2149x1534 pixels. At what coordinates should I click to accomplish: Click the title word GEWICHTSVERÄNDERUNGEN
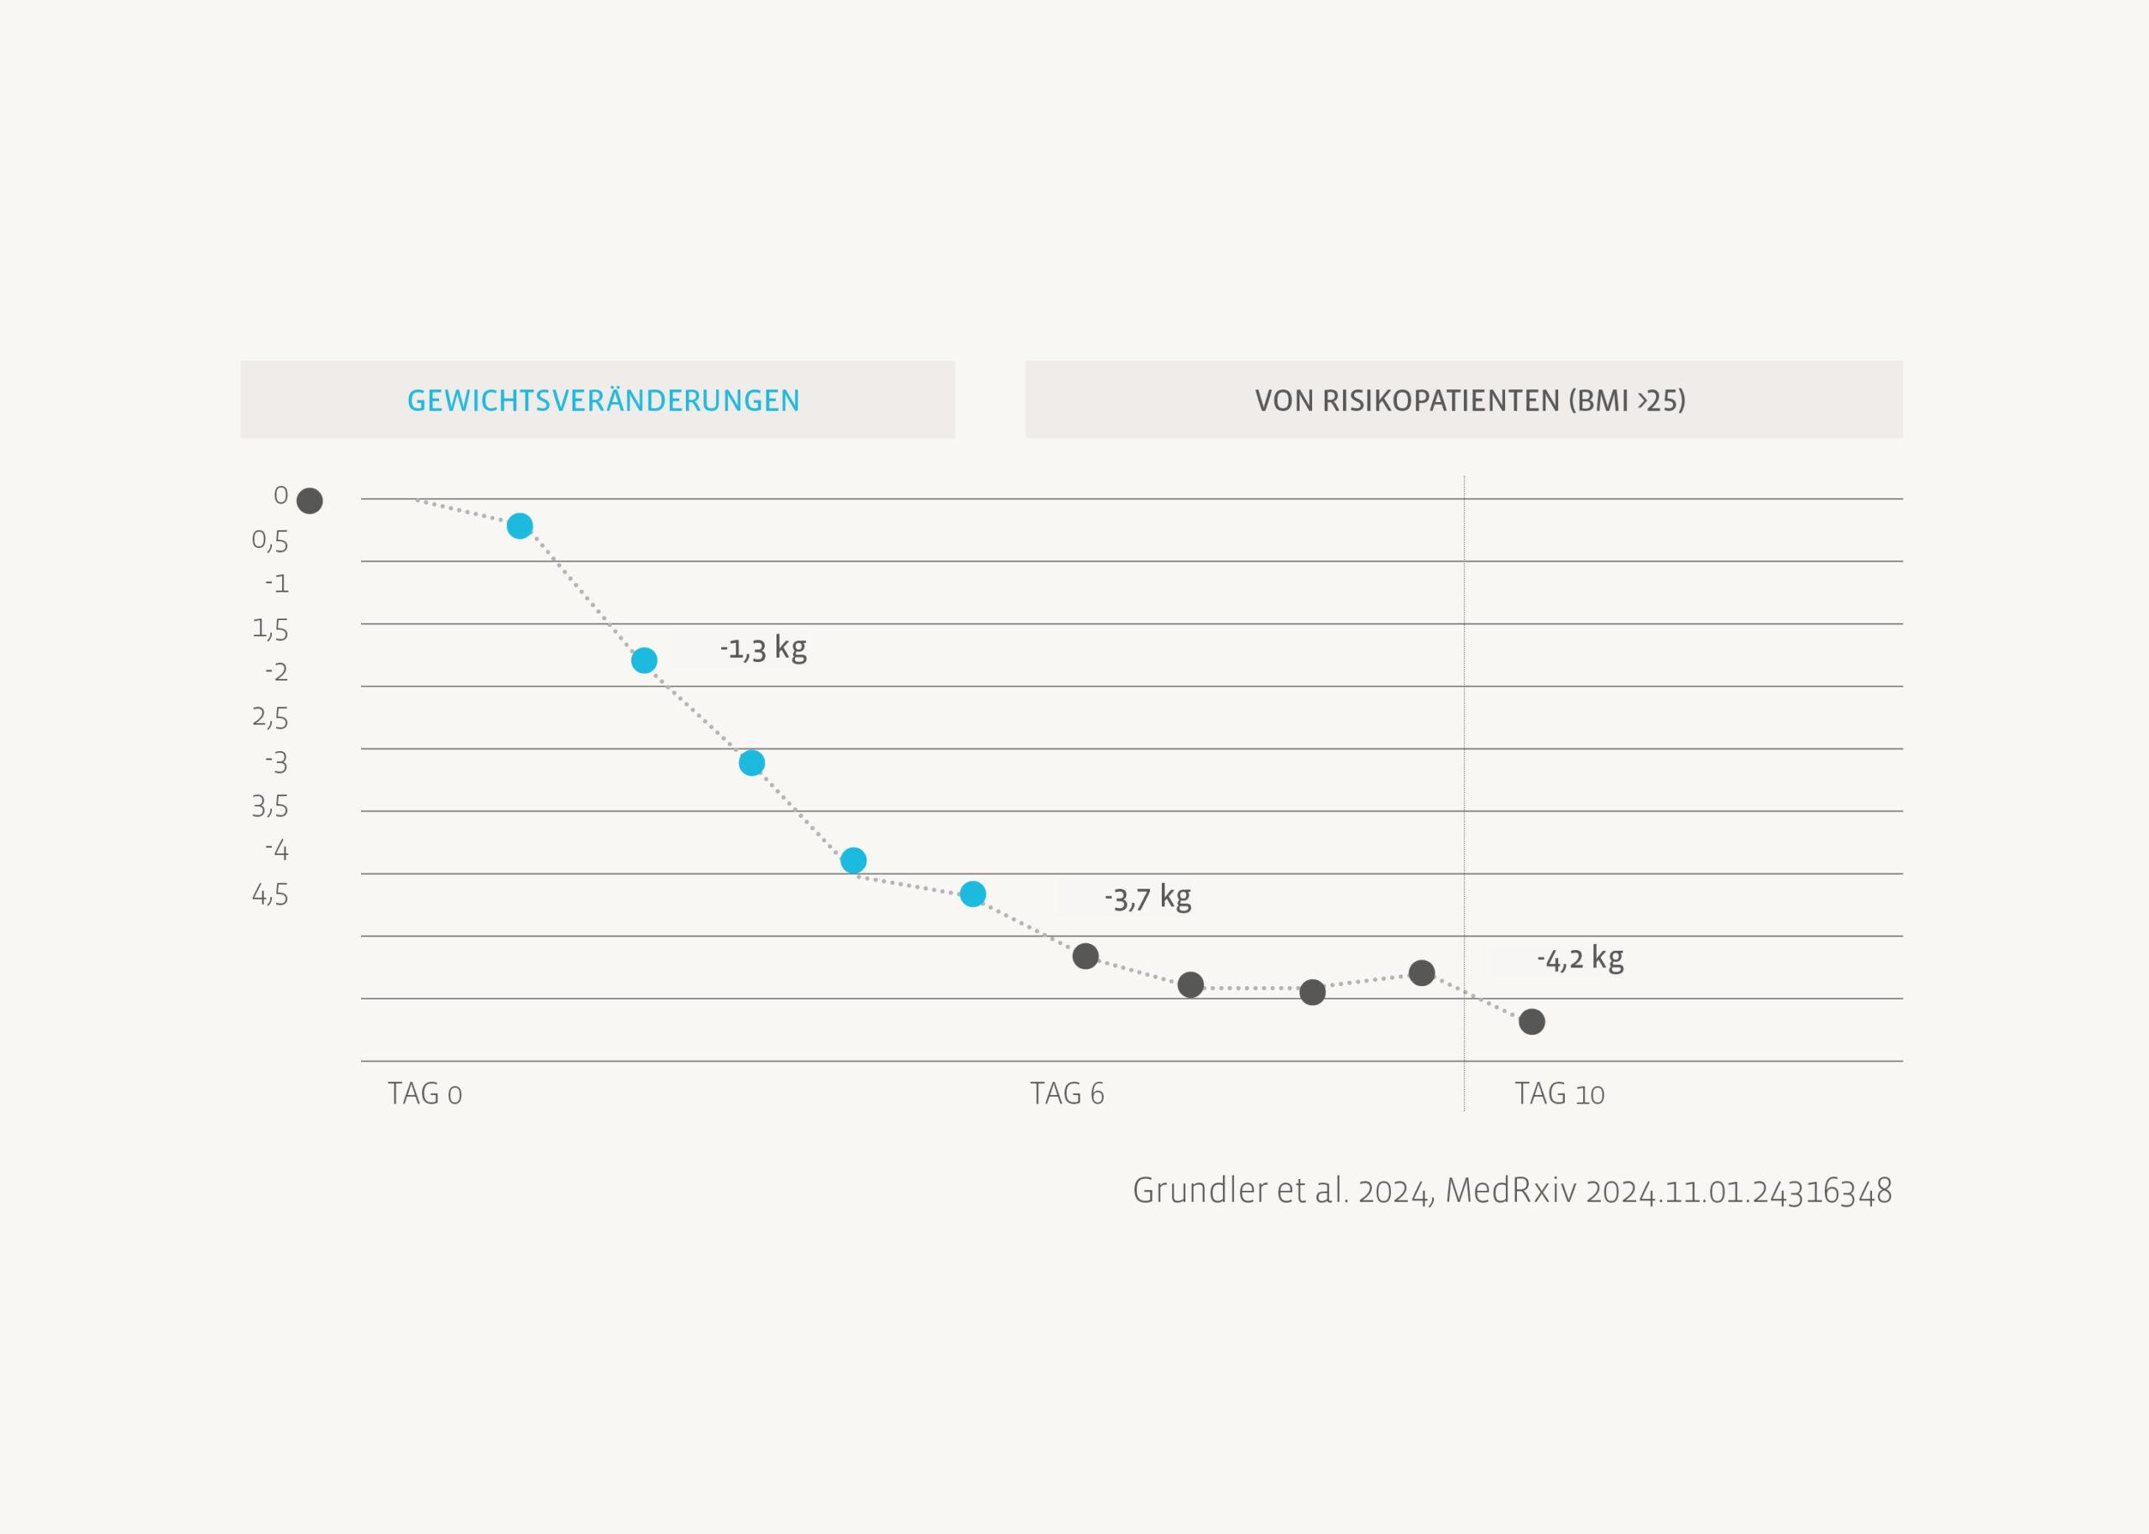click(603, 400)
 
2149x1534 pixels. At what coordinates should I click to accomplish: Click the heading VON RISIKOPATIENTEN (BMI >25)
click(1470, 400)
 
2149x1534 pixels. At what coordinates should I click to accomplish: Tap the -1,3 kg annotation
click(763, 649)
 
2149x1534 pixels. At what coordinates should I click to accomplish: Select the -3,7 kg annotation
click(1148, 897)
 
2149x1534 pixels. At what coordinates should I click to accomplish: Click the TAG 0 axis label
click(424, 1093)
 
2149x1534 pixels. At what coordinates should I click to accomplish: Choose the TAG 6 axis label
click(1066, 1093)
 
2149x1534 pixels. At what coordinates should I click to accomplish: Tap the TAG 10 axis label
click(1560, 1093)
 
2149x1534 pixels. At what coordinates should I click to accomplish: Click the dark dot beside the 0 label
click(310, 501)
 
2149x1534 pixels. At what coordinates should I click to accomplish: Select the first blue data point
click(520, 526)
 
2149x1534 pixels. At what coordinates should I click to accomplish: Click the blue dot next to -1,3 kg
click(644, 660)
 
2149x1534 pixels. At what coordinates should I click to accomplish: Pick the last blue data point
click(973, 894)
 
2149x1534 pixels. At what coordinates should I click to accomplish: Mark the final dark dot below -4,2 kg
click(1532, 1022)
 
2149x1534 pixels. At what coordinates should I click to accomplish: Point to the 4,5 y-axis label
click(270, 895)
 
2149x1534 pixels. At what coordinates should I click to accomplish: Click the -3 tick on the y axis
click(277, 761)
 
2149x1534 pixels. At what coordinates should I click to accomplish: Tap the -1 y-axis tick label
click(277, 584)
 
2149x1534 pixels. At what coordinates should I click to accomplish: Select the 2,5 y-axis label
click(270, 717)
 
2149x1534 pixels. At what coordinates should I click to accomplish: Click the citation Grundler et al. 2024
click(1283, 1191)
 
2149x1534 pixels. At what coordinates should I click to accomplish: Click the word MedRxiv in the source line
click(1510, 1191)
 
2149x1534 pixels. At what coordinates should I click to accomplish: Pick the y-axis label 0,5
click(270, 540)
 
